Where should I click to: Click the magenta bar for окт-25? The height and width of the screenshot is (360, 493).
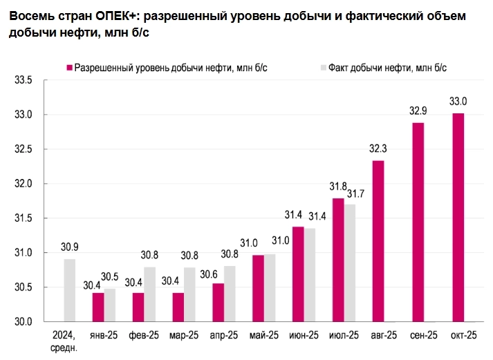click(458, 217)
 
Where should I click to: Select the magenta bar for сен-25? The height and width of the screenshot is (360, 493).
click(418, 222)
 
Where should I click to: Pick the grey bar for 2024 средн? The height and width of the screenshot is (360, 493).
click(69, 290)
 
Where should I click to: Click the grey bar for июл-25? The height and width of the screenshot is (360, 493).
click(351, 263)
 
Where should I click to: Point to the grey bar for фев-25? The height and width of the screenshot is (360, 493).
click(150, 294)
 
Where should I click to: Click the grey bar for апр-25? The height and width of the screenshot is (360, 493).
click(230, 294)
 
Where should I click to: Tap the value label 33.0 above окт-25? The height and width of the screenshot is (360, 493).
click(458, 102)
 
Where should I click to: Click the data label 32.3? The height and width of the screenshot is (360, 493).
click(378, 149)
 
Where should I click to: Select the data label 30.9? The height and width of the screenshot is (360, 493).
click(69, 247)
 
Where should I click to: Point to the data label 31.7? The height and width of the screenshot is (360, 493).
click(356, 193)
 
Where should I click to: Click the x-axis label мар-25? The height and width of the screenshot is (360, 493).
click(184, 335)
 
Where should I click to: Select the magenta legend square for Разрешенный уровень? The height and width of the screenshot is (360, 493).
click(69, 67)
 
